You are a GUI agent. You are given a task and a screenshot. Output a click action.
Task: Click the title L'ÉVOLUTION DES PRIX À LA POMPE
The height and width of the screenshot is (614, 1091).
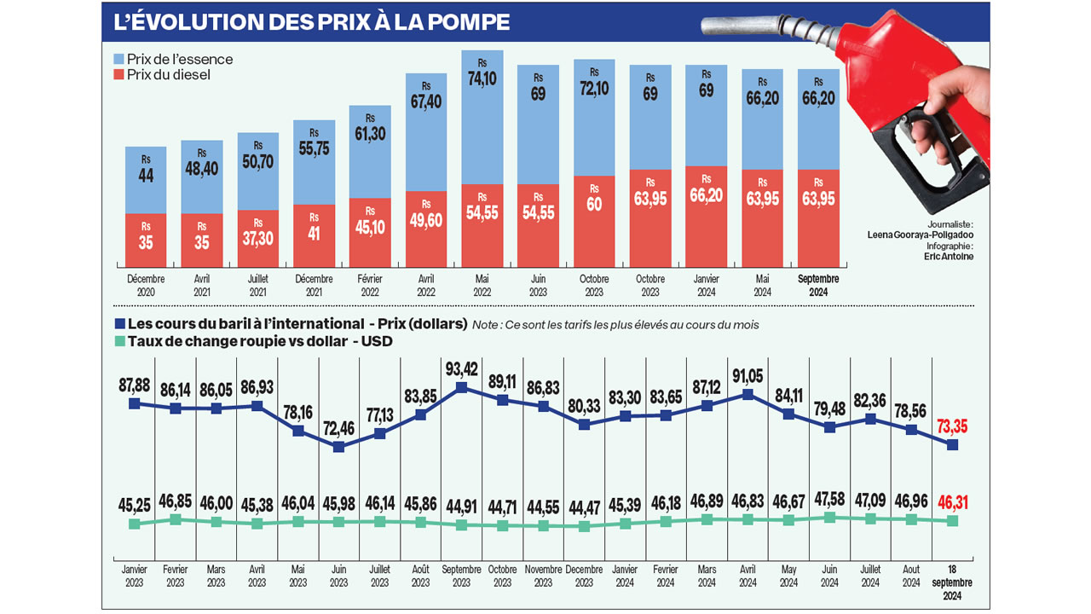click(x=312, y=22)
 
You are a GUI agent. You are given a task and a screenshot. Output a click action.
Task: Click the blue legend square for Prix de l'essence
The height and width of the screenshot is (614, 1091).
click(x=118, y=60)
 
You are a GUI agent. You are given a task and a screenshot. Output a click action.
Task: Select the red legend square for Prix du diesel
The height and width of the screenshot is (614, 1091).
click(x=118, y=75)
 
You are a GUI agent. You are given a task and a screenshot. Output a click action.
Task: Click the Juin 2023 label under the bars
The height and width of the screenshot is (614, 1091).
click(x=539, y=285)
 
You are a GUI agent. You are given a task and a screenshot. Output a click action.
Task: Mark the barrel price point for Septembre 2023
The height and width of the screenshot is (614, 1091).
click(x=461, y=387)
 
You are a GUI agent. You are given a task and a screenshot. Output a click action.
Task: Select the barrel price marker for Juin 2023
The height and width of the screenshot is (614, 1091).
click(x=338, y=446)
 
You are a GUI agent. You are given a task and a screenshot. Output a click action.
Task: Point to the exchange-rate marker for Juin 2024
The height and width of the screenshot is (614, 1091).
click(x=829, y=517)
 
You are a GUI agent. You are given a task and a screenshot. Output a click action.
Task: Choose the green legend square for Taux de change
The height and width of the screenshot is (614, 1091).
click(x=118, y=342)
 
